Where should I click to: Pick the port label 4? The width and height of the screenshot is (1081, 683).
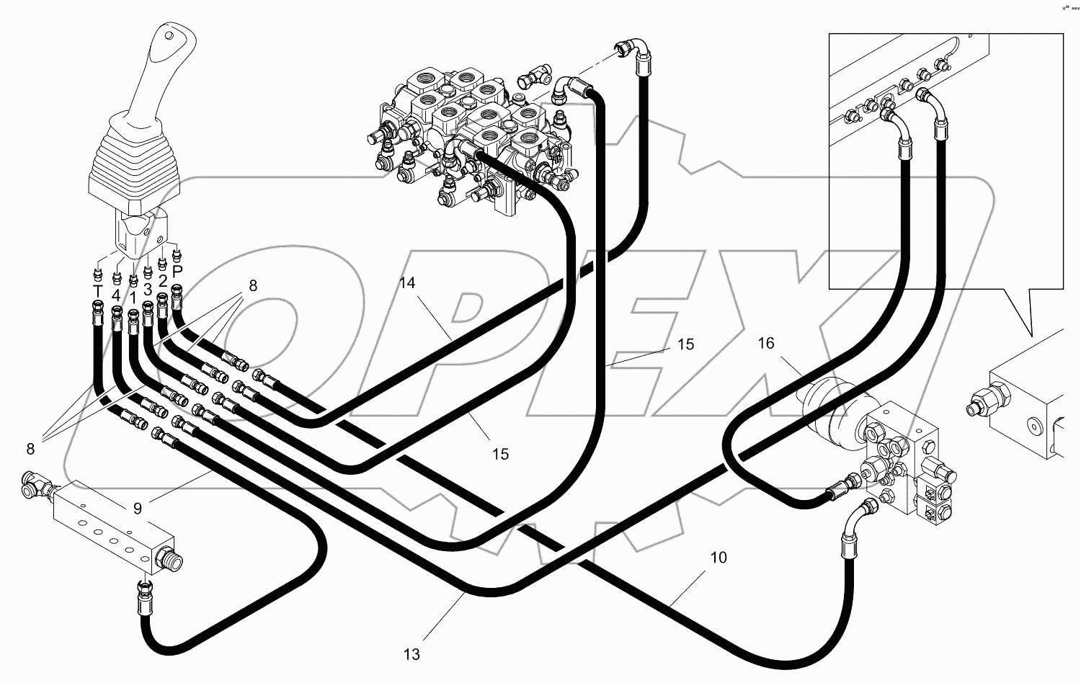[115, 295]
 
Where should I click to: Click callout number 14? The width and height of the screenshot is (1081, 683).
[408, 283]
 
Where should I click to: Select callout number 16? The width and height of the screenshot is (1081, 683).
[765, 343]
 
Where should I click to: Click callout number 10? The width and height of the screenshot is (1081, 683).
[719, 557]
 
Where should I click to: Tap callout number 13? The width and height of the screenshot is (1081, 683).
[412, 654]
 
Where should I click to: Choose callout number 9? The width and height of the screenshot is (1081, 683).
[138, 508]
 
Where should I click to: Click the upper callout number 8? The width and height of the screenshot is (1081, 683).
[253, 285]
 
